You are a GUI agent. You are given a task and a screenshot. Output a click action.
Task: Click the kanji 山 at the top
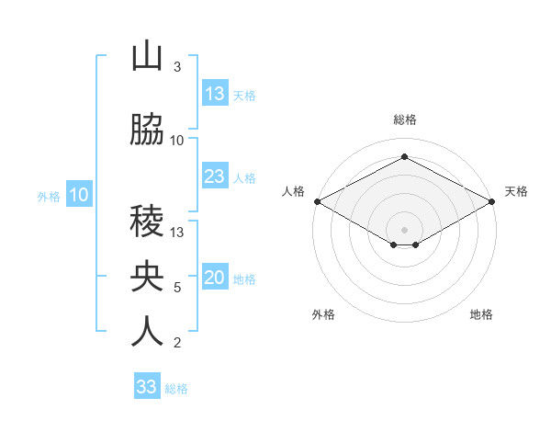147,57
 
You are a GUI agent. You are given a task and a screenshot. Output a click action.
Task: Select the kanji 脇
147,131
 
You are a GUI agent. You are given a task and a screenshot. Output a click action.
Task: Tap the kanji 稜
147,222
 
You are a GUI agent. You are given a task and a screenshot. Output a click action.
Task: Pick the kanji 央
147,278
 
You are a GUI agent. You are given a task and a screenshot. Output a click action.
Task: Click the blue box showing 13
215,94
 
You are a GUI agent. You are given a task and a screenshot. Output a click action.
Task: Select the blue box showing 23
215,176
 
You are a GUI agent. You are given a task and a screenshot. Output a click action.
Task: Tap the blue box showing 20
215,279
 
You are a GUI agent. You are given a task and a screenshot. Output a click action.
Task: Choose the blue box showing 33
147,387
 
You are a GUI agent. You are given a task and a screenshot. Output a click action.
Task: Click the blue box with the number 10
79,195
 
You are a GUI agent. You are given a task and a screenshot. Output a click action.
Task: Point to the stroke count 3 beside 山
176,67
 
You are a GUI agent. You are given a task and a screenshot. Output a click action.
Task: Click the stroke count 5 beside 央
176,288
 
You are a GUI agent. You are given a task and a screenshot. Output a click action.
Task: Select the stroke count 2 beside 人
176,343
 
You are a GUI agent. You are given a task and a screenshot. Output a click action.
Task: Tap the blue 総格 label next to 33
176,389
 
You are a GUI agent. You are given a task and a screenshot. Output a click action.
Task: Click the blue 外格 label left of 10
49,197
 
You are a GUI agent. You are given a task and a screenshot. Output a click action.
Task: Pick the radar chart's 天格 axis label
516,191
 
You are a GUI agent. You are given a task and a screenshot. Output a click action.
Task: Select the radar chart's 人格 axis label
293,191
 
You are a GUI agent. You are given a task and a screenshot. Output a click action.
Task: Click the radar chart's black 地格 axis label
481,314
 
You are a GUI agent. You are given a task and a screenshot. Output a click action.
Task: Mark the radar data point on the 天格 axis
492,201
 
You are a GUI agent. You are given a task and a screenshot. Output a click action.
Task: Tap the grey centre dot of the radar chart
404,228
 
